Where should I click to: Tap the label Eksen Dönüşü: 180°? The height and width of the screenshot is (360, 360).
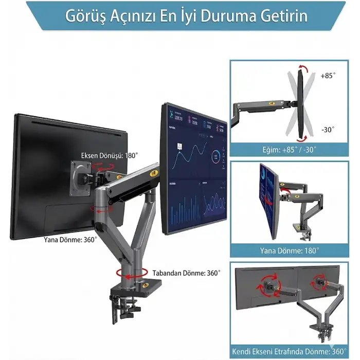pos(109,155)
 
